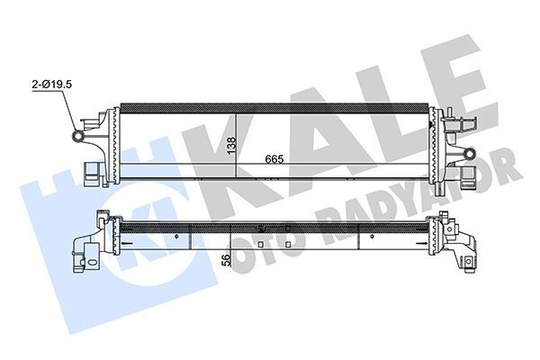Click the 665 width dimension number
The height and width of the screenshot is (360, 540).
[275, 160]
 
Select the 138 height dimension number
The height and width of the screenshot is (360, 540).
[231, 143]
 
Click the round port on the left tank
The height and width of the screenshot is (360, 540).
[78, 137]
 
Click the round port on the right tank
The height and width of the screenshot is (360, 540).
[469, 153]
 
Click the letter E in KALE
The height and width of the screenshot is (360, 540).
[450, 76]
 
